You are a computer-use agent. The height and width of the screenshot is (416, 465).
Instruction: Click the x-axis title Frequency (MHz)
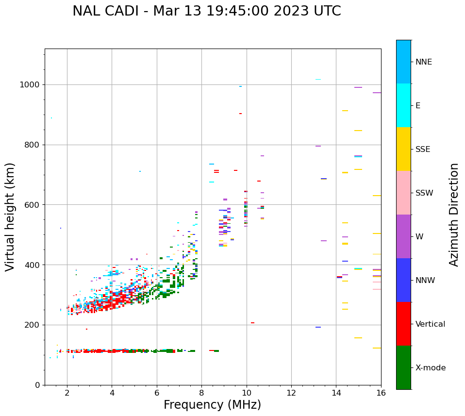212,405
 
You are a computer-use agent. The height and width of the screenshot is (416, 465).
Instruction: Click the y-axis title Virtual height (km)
10,217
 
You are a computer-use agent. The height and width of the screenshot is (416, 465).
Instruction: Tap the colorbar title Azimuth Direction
454,215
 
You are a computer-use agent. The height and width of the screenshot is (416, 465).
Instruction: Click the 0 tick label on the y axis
37,385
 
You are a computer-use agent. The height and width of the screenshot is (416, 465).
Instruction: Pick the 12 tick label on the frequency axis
291,393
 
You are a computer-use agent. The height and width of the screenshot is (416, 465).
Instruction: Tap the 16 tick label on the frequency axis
381,393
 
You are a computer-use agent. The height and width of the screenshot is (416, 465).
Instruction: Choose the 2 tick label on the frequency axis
67,393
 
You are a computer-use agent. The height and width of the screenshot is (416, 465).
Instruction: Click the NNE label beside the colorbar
423,62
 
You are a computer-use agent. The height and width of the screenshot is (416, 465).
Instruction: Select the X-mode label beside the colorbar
430,368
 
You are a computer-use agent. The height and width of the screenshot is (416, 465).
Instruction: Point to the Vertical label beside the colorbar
431,324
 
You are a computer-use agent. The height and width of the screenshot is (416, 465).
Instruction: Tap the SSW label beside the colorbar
424,193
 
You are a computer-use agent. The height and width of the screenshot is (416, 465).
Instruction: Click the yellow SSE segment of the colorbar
403,149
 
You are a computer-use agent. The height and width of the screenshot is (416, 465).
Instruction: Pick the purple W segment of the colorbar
403,236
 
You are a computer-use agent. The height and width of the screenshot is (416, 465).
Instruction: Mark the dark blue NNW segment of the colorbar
403,280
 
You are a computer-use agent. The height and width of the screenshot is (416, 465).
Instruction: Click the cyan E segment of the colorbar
403,105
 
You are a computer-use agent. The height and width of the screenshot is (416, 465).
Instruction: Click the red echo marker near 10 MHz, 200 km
252,323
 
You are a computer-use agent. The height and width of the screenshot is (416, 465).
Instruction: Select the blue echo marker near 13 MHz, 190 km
318,327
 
